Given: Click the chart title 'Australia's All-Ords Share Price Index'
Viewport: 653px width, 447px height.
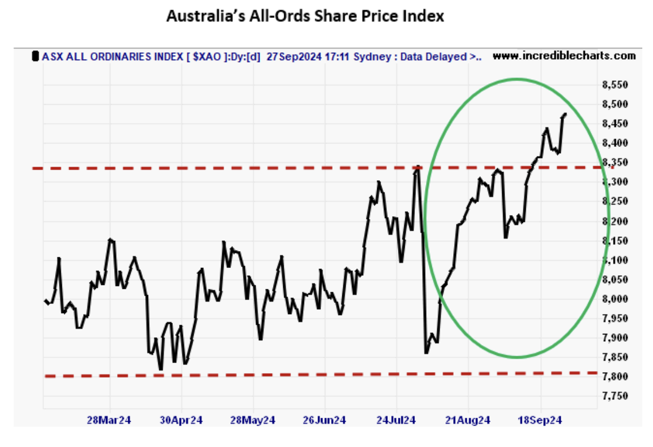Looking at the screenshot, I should pyautogui.click(x=305, y=17).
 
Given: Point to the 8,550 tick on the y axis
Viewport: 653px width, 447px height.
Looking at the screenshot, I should pyautogui.click(x=614, y=85).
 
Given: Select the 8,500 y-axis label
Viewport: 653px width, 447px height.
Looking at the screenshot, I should pyautogui.click(x=614, y=105).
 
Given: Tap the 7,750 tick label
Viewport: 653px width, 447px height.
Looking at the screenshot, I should pyautogui.click(x=614, y=396).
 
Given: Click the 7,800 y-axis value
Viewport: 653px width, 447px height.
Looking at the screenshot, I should pyautogui.click(x=614, y=377).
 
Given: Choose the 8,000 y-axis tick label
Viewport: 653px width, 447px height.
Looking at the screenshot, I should pyautogui.click(x=614, y=299).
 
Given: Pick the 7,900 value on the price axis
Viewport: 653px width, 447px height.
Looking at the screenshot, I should pyautogui.click(x=614, y=338).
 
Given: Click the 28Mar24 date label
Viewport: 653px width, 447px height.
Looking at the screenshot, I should pyautogui.click(x=109, y=421).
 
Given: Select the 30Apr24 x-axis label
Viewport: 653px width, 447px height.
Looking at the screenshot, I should pyautogui.click(x=181, y=421).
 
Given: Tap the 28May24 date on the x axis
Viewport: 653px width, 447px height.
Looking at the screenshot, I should pyautogui.click(x=253, y=421).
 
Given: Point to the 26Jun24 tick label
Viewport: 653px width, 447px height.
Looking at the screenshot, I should pyautogui.click(x=325, y=421).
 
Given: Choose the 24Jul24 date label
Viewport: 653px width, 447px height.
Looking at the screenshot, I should pyautogui.click(x=396, y=421).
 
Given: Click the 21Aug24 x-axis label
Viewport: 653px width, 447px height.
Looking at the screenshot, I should pyautogui.click(x=468, y=421).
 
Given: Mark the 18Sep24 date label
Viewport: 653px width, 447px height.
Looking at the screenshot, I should pyautogui.click(x=540, y=421).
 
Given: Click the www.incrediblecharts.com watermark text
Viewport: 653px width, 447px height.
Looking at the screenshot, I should pyautogui.click(x=564, y=56).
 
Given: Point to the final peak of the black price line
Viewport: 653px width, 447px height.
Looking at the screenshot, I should pyautogui.click(x=565, y=114).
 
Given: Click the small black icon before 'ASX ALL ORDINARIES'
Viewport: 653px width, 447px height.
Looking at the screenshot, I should pyautogui.click(x=36, y=56).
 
